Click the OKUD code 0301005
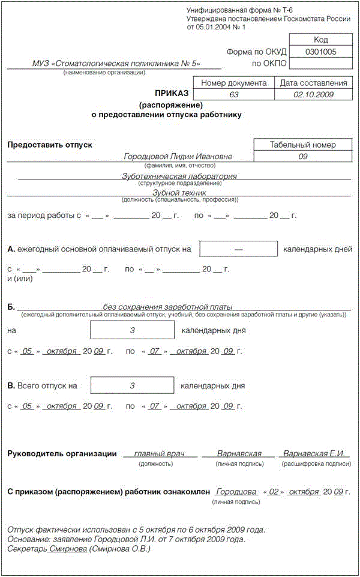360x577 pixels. click(320, 52)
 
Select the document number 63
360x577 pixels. click(234, 95)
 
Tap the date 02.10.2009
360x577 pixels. click(314, 95)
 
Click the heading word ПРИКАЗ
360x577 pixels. click(172, 93)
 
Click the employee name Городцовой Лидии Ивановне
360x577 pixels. click(178, 157)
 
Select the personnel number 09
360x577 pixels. click(302, 157)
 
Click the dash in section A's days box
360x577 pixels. click(238, 249)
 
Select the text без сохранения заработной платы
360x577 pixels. click(167, 307)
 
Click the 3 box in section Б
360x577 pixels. click(132, 331)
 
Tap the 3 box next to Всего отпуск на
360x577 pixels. click(132, 385)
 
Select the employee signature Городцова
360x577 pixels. click(237, 492)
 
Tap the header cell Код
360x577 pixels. click(320, 40)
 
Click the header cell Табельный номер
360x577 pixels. click(302, 145)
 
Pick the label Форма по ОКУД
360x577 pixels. click(256, 52)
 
